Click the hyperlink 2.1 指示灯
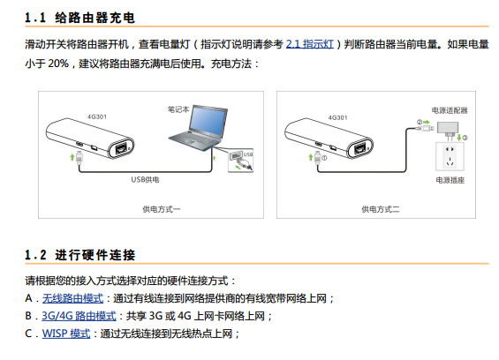[x=310, y=44]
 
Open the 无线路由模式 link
[x=73, y=298]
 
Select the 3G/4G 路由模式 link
[x=79, y=316]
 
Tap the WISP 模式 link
[x=66, y=334]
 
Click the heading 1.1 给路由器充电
[x=79, y=18]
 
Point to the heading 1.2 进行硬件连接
[x=80, y=255]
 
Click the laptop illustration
[x=198, y=127]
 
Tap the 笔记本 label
[x=178, y=109]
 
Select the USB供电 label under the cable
[x=145, y=180]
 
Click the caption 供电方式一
[x=162, y=209]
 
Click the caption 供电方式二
[x=381, y=209]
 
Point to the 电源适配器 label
[x=450, y=110]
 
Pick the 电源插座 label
[x=450, y=180]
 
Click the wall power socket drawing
[x=450, y=156]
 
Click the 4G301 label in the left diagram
[x=97, y=116]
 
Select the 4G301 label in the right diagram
[x=337, y=117]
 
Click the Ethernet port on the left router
[x=121, y=148]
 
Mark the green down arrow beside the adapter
[x=459, y=138]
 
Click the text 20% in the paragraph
[x=58, y=64]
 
